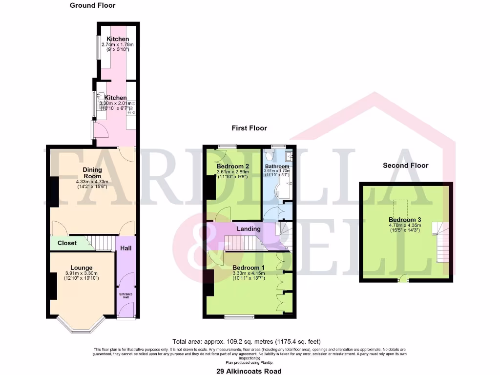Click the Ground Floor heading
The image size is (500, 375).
[92, 5]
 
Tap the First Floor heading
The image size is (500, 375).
[249, 128]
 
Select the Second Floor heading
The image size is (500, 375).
[405, 166]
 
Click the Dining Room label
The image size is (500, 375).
[92, 173]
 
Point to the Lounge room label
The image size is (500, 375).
[81, 268]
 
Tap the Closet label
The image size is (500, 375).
[67, 243]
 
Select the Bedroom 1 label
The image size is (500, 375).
[249, 268]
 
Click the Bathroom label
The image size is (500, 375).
[277, 167]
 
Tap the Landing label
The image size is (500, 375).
[249, 229]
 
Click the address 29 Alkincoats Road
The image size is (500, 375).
[249, 371]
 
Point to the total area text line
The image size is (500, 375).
[246, 341]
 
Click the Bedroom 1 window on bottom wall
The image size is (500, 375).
[239, 317]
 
